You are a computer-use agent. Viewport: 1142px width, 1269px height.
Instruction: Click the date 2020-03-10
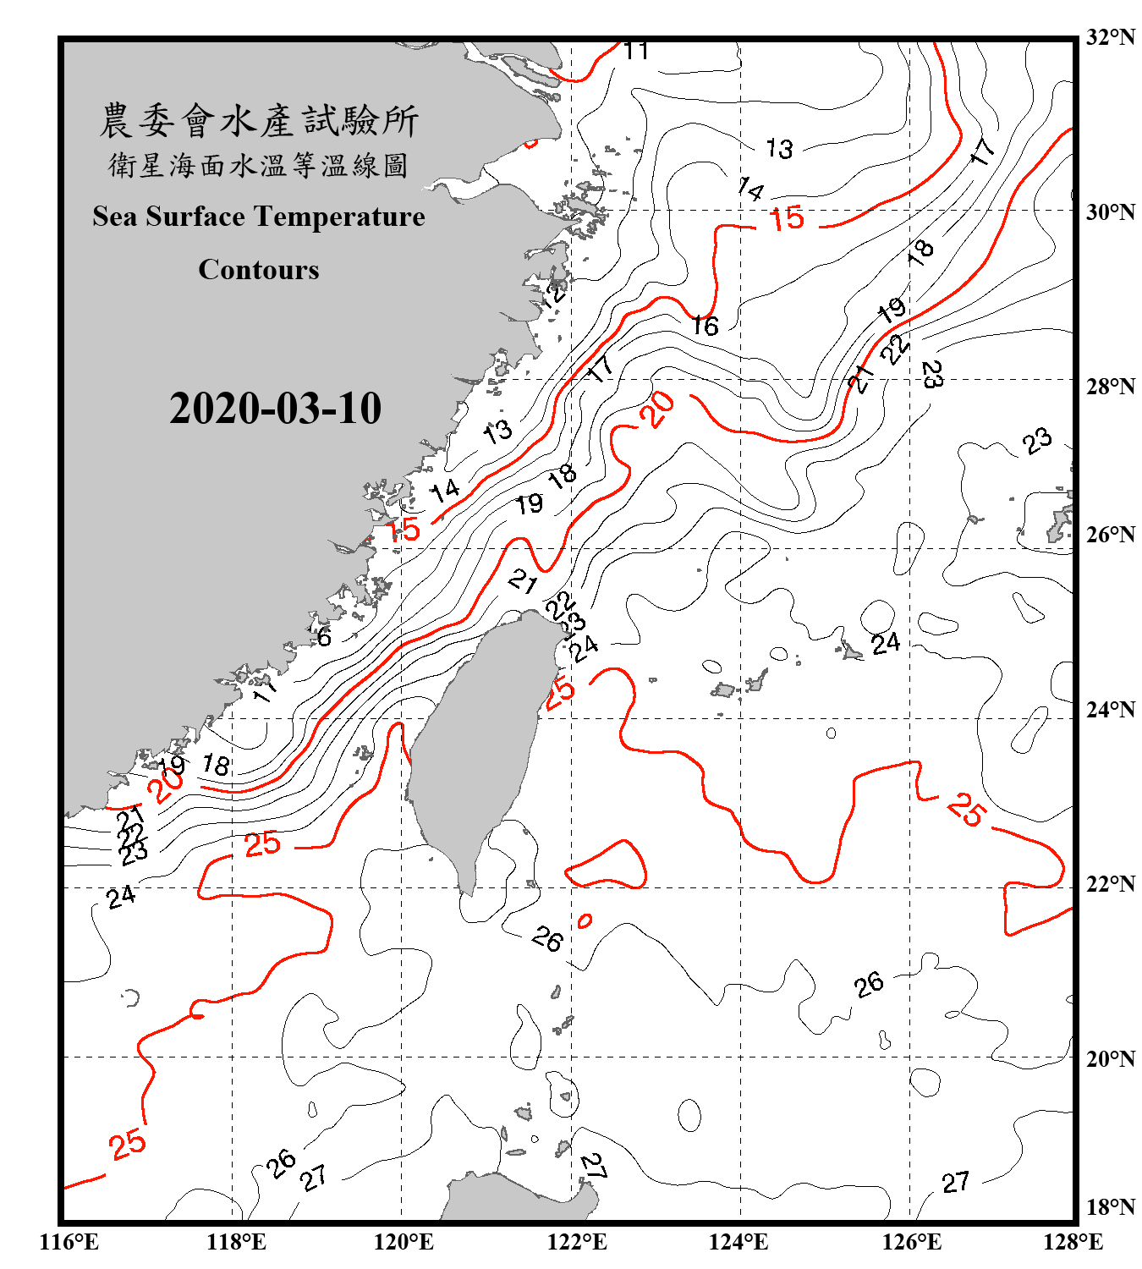coord(275,409)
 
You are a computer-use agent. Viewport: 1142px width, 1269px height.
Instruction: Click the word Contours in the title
coord(259,270)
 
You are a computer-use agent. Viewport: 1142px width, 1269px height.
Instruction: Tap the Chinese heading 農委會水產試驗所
coord(259,121)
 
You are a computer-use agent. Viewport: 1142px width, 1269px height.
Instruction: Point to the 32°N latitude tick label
coord(1110,37)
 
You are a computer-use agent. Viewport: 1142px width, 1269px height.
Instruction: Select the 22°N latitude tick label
coord(1110,884)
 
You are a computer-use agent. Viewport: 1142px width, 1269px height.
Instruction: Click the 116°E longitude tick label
coord(69,1242)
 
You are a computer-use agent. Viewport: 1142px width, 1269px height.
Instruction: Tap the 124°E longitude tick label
coord(738,1242)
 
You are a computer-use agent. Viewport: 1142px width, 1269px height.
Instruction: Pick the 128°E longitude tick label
coord(1073,1242)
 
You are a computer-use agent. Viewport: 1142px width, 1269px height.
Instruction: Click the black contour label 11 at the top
coord(636,52)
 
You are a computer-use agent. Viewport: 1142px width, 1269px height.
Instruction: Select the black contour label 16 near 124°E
coord(705,326)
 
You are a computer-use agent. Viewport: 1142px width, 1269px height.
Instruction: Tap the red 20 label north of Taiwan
coord(657,409)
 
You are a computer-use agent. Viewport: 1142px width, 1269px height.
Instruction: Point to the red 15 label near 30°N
coord(787,219)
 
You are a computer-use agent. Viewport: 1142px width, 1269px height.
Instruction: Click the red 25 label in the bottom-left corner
coord(128,1145)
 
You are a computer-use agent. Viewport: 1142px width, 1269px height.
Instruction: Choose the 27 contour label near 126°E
coord(955,1182)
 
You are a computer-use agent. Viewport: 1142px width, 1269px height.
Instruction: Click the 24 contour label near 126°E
coord(886,644)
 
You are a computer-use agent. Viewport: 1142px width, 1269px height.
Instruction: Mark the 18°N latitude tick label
coord(1110,1207)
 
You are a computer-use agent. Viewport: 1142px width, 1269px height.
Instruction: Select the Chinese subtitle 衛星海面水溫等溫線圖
coord(259,165)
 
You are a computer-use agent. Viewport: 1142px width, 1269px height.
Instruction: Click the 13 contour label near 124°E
coord(779,149)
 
